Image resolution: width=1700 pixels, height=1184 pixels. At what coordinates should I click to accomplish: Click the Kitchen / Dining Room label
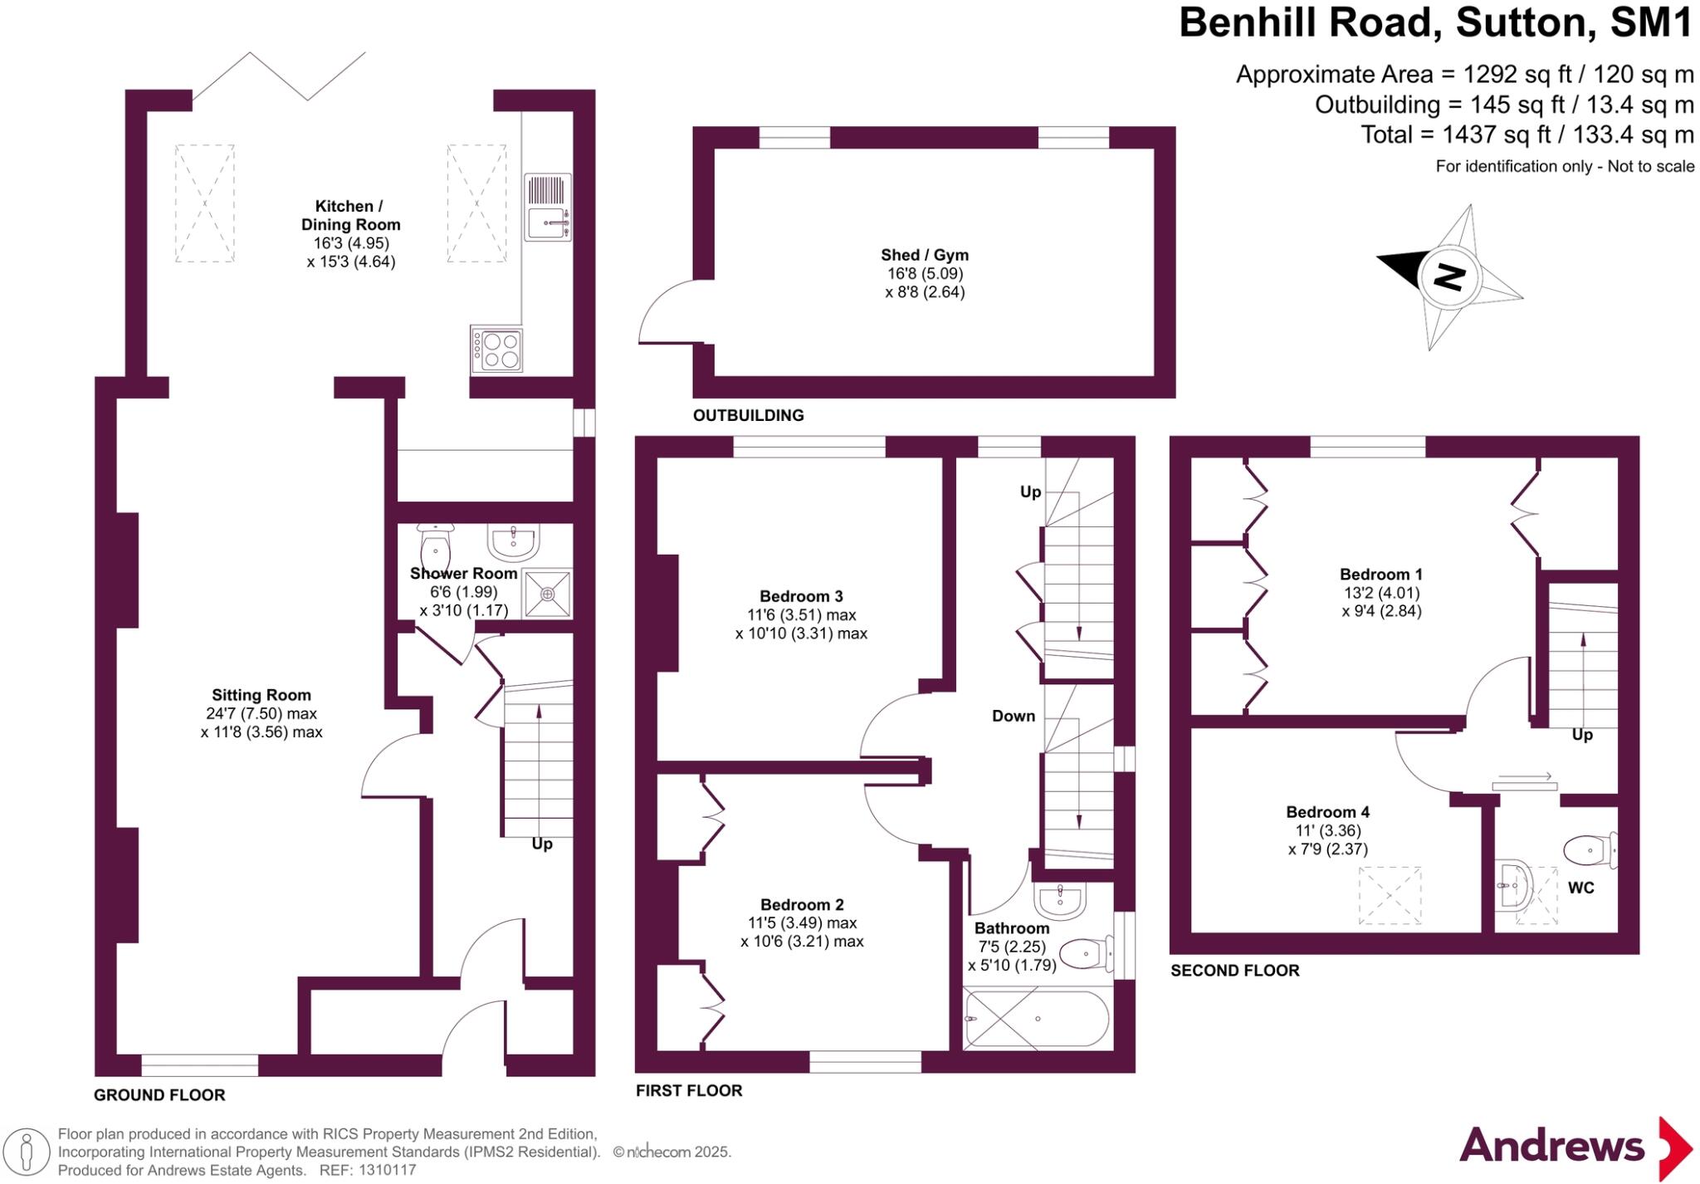[x=350, y=215]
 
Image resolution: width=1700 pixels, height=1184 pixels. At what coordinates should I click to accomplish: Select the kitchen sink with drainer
[x=548, y=207]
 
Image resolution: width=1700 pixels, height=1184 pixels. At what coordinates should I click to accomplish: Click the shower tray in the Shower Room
[x=548, y=594]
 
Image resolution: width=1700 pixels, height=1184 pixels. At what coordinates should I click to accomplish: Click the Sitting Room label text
[x=261, y=695]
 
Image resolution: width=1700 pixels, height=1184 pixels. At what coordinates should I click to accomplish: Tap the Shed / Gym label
[x=925, y=255]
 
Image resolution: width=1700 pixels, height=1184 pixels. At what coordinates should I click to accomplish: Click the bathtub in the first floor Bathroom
[x=1036, y=1019]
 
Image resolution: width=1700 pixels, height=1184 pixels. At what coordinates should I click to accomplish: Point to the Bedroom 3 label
[x=801, y=596]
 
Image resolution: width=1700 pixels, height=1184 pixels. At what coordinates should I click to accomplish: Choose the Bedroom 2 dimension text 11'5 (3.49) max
[x=802, y=922]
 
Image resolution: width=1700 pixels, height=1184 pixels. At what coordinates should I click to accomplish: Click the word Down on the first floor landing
[x=1014, y=716]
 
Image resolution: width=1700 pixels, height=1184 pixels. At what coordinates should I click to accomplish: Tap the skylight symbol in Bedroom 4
[x=1390, y=895]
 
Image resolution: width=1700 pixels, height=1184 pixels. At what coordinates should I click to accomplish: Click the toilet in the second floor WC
[x=1589, y=850]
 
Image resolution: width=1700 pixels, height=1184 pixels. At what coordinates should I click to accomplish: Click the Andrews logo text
[x=1551, y=1147]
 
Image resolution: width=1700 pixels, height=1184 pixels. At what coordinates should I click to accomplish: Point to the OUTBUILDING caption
[x=748, y=415]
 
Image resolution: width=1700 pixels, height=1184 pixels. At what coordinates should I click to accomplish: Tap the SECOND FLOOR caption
[x=1234, y=970]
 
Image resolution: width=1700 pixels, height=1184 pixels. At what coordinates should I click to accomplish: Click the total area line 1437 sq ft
[x=1527, y=135]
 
